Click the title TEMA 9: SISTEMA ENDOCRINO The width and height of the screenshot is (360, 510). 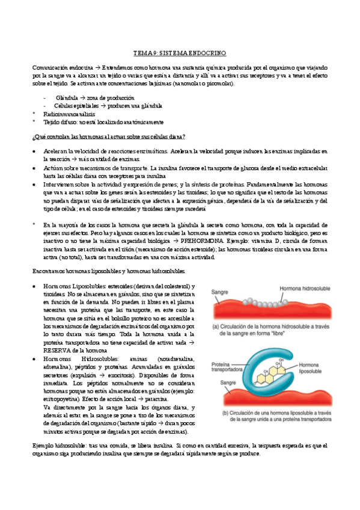click(x=180, y=54)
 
